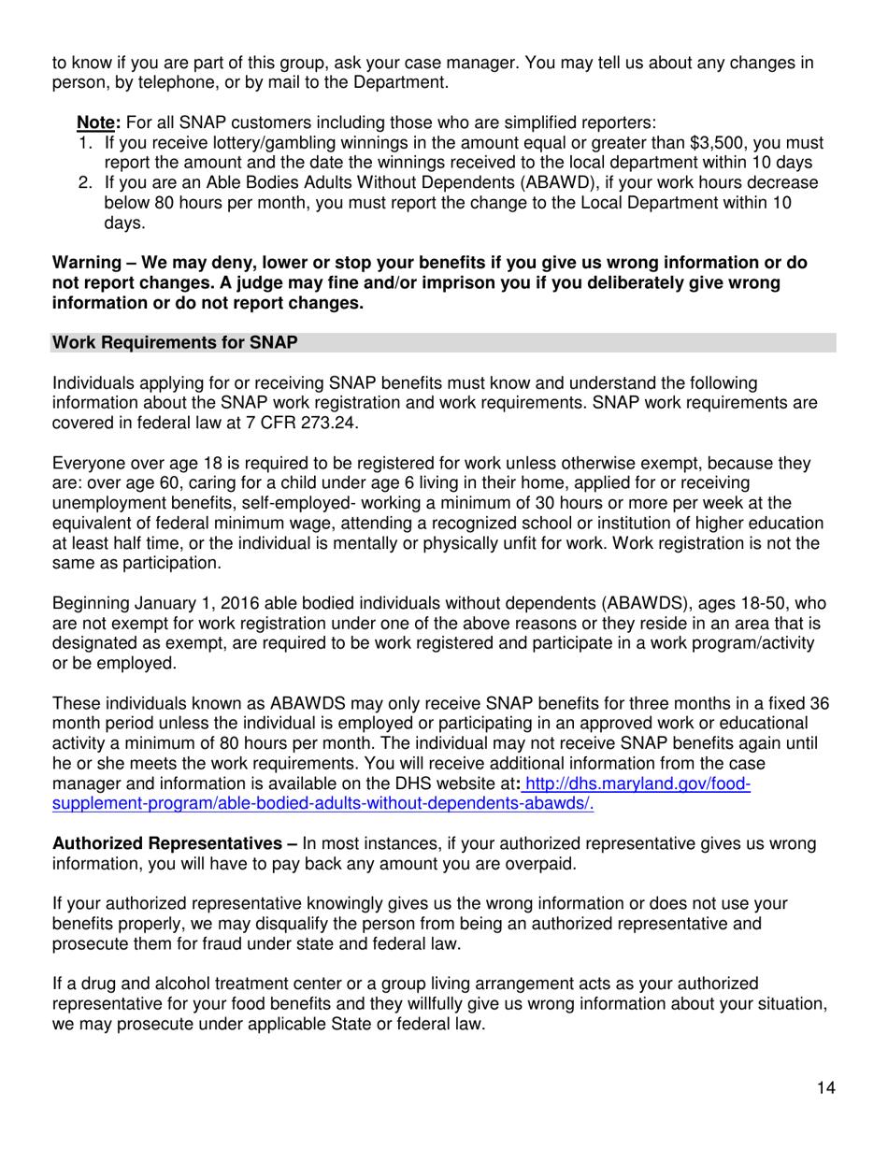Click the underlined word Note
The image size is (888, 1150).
click(x=93, y=122)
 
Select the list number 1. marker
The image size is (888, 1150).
click(x=85, y=143)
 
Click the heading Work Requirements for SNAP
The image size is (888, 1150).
click(x=175, y=343)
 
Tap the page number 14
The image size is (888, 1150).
click(x=825, y=1087)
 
